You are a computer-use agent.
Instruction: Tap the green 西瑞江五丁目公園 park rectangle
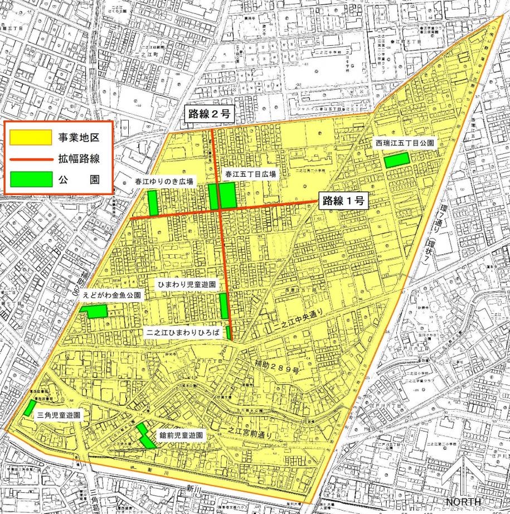[x=396, y=159]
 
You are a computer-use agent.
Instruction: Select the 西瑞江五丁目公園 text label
[x=404, y=142]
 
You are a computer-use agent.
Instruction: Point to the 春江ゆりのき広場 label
[x=164, y=182]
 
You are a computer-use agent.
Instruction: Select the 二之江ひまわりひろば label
[x=183, y=333]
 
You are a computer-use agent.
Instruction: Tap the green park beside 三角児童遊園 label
[x=28, y=408]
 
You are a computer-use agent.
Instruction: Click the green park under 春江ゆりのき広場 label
[x=153, y=202]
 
